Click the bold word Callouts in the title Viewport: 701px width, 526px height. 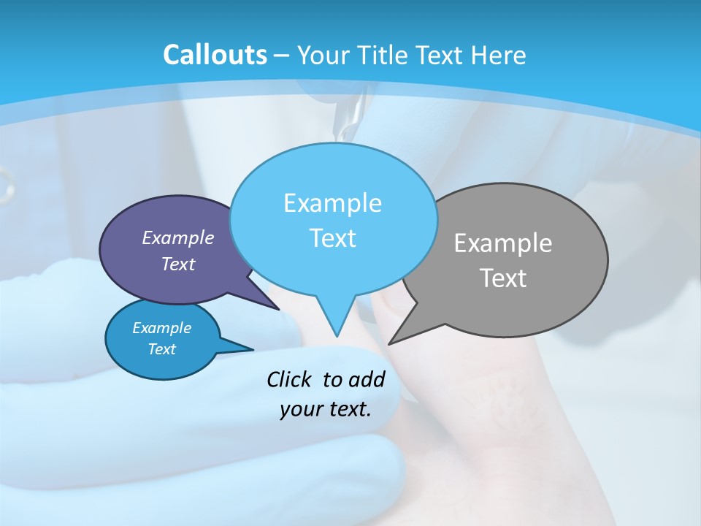coord(215,55)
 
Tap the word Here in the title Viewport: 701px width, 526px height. coord(497,55)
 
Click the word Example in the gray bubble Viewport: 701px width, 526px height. coord(503,243)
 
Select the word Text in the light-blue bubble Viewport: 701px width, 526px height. coord(332,238)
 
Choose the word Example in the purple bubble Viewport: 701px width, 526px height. coord(178,237)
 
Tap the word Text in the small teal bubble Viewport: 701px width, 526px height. coord(161,349)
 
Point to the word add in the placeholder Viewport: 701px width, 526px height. coord(366,379)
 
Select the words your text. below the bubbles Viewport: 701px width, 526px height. coord(326,409)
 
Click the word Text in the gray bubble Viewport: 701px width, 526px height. coord(503,278)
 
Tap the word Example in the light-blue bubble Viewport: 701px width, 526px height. coord(332,203)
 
